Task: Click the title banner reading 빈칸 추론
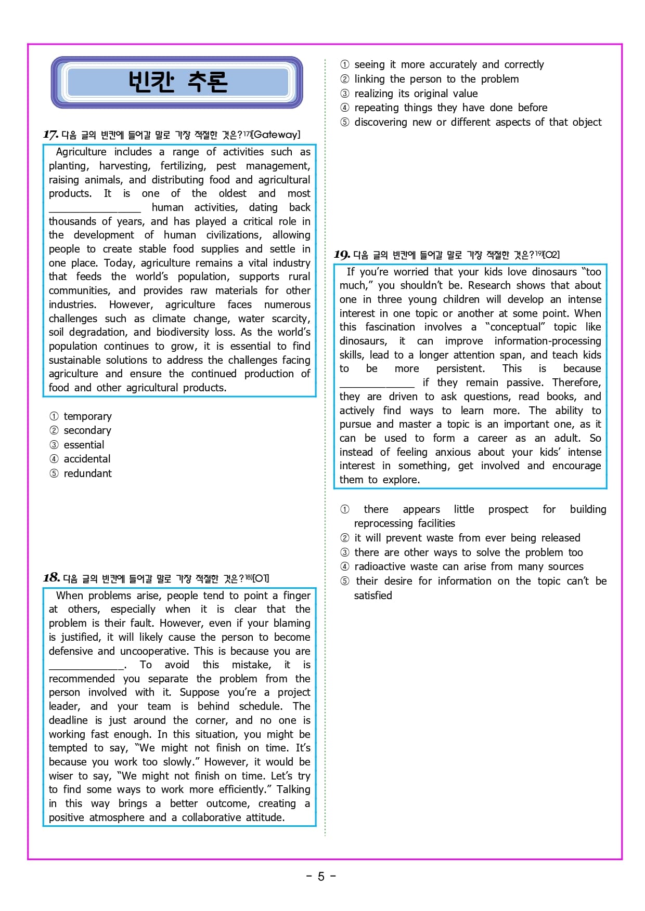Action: point(177,82)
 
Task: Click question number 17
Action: point(50,135)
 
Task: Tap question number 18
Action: point(51,578)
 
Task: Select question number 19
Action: point(341,255)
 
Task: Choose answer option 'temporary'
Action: point(87,416)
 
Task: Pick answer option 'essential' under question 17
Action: point(83,445)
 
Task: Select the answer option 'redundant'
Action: point(87,473)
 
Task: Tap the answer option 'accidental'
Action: point(86,459)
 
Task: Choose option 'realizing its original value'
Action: point(416,94)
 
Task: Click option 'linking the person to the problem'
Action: point(436,79)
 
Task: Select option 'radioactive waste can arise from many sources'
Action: point(468,566)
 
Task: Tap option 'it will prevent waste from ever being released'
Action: point(467,538)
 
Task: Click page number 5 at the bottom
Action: point(321,877)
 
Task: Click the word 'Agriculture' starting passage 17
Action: point(81,152)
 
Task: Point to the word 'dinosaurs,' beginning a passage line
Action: point(363,341)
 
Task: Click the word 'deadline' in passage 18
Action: point(68,720)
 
